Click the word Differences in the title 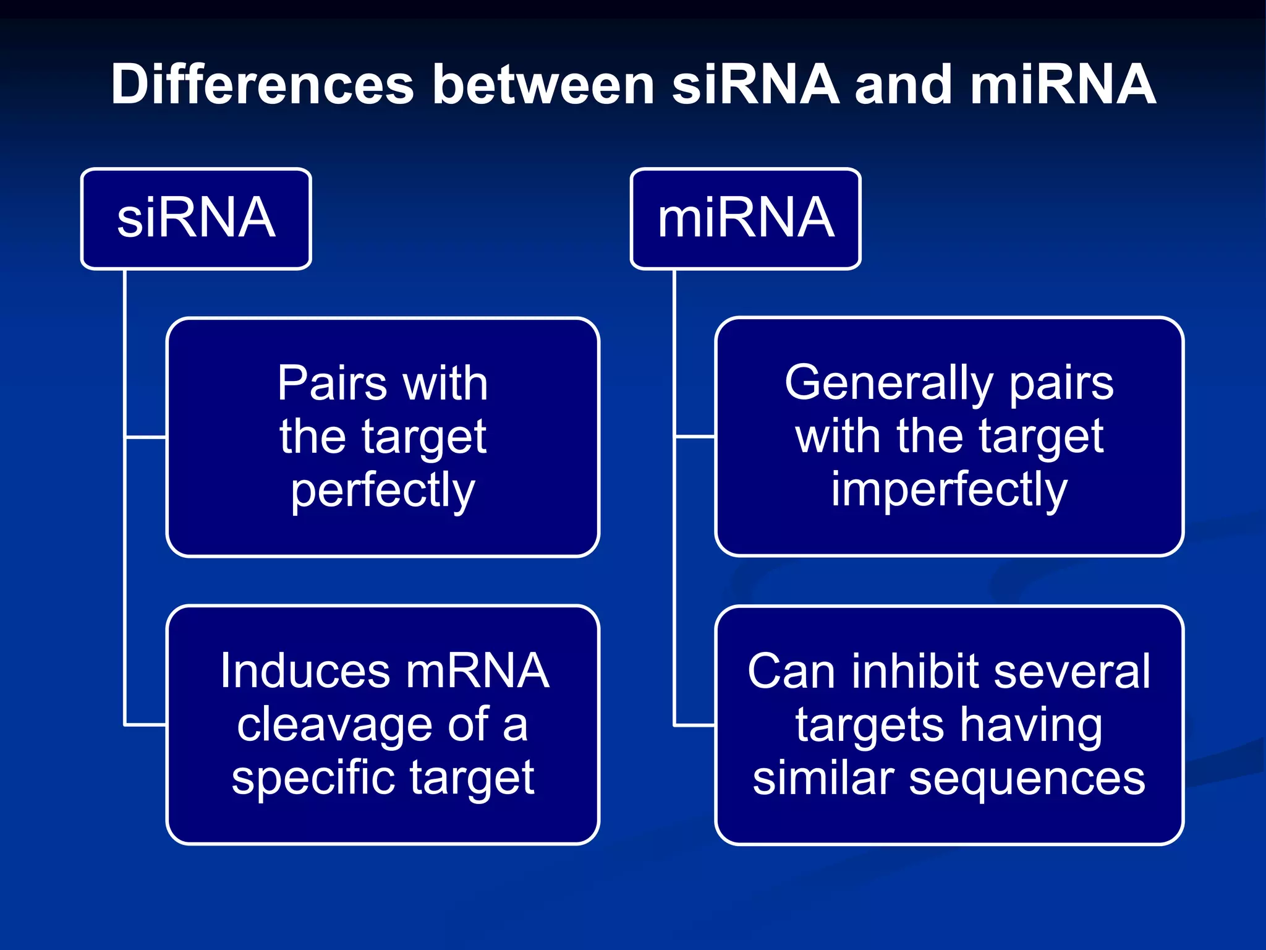coord(262,85)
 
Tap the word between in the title coord(543,85)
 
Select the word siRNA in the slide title coord(755,85)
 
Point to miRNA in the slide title coord(1063,85)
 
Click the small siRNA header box coord(196,218)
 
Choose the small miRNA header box coord(746,218)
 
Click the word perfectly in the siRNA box coord(383,490)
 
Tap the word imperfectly coord(949,490)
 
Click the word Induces coord(305,671)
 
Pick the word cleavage coord(334,725)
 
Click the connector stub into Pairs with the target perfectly coord(146,437)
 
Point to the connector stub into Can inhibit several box coord(694,724)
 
